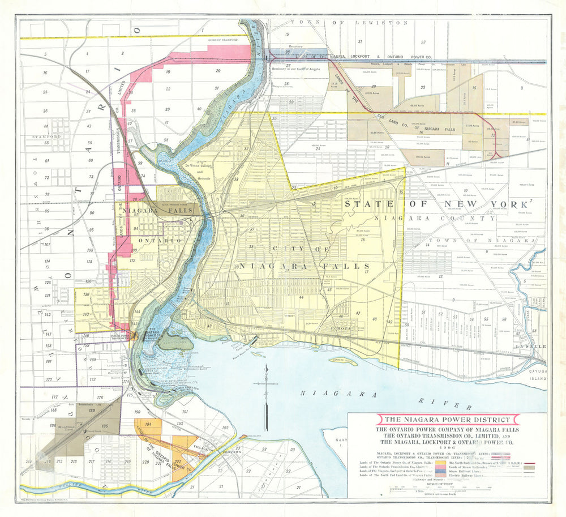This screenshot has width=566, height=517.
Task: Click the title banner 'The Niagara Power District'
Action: [x=447, y=420]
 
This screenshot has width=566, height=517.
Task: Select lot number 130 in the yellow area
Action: [x=86, y=294]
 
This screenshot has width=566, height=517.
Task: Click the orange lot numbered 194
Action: [x=148, y=424]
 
